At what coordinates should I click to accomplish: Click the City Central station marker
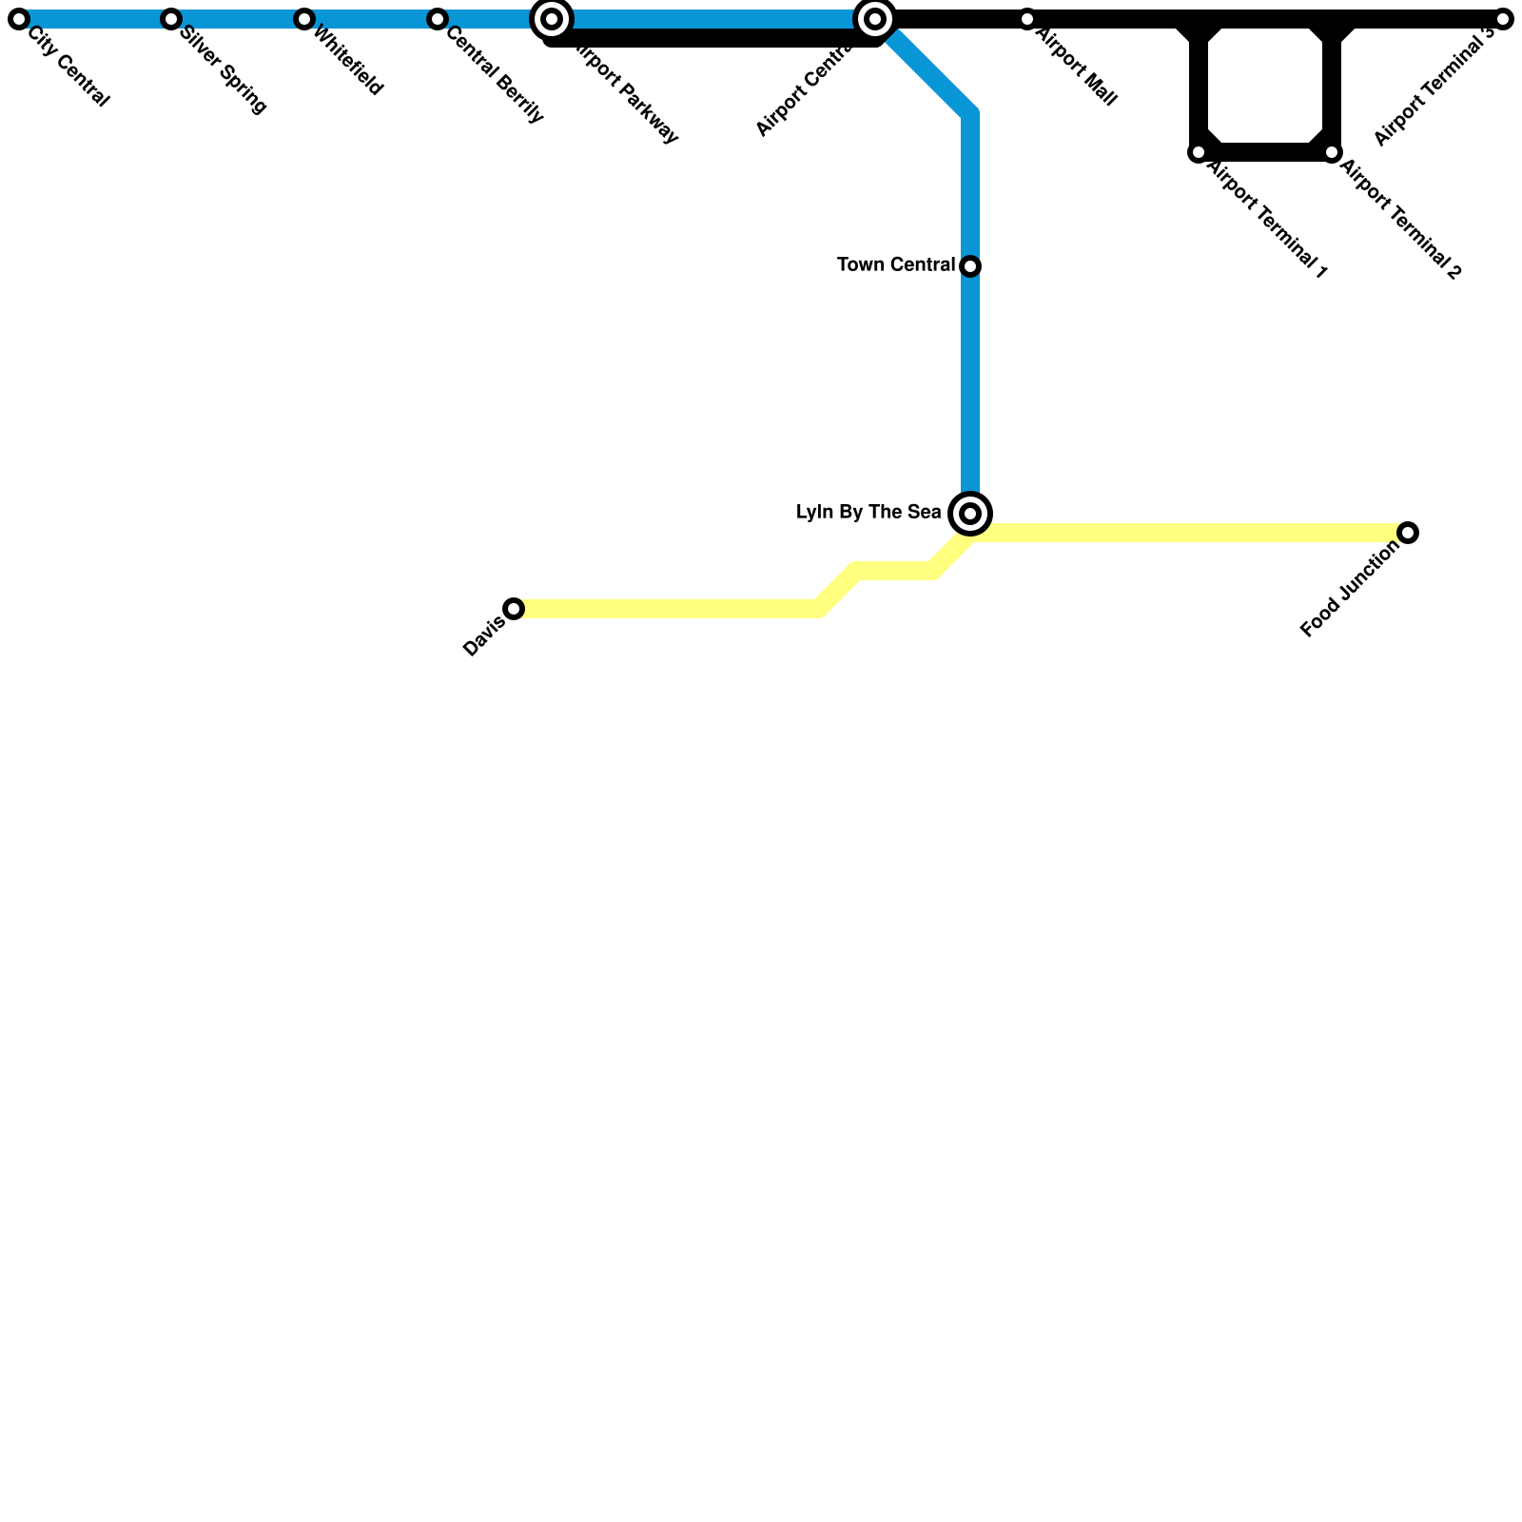[19, 19]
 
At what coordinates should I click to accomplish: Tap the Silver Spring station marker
[171, 19]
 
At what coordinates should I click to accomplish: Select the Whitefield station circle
[304, 19]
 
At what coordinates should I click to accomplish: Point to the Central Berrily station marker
[438, 19]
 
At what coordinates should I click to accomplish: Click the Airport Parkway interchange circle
[552, 19]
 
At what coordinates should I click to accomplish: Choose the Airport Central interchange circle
[875, 19]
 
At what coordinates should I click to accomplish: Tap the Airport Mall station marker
[1027, 19]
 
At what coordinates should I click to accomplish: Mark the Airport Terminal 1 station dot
[1199, 152]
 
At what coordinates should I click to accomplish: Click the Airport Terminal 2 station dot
[1332, 152]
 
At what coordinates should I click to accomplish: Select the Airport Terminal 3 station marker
[1503, 19]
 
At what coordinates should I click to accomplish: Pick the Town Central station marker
[970, 266]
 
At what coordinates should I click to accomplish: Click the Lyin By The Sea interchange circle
[970, 514]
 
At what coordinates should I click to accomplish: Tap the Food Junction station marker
[1408, 533]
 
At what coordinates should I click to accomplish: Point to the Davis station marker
[514, 609]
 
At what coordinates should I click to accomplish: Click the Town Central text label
[896, 265]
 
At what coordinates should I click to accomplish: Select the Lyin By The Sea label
[868, 513]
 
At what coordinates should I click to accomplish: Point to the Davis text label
[484, 636]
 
